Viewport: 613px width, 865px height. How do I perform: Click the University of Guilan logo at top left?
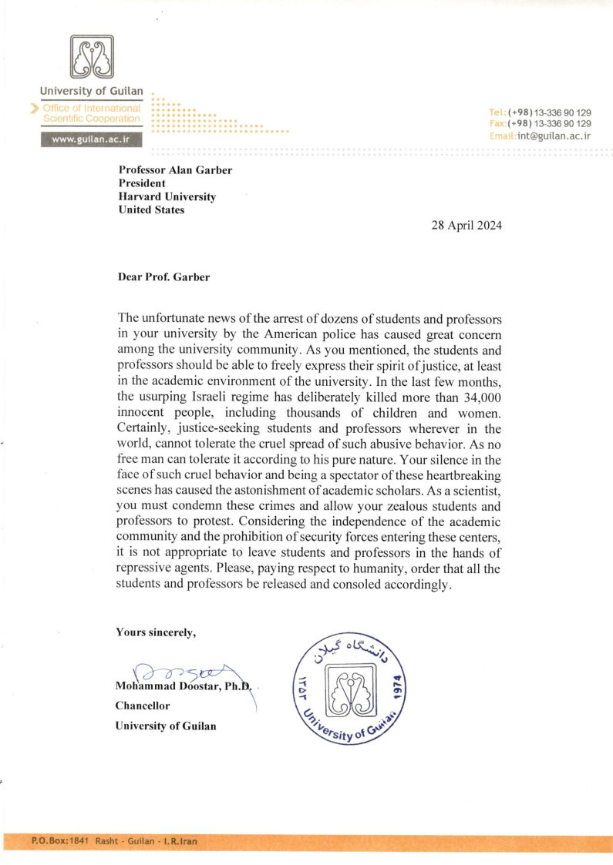[x=93, y=58]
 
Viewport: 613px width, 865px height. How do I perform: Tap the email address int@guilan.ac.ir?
[x=554, y=136]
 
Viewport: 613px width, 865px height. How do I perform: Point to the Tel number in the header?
[x=550, y=112]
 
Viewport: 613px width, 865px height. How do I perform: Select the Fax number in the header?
[x=550, y=124]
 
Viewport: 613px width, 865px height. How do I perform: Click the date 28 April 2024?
[x=466, y=226]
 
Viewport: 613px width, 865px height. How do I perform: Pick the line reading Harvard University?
[x=167, y=196]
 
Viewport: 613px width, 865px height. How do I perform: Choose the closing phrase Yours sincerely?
[x=156, y=632]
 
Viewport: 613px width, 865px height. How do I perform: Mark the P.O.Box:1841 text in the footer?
[x=60, y=841]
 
